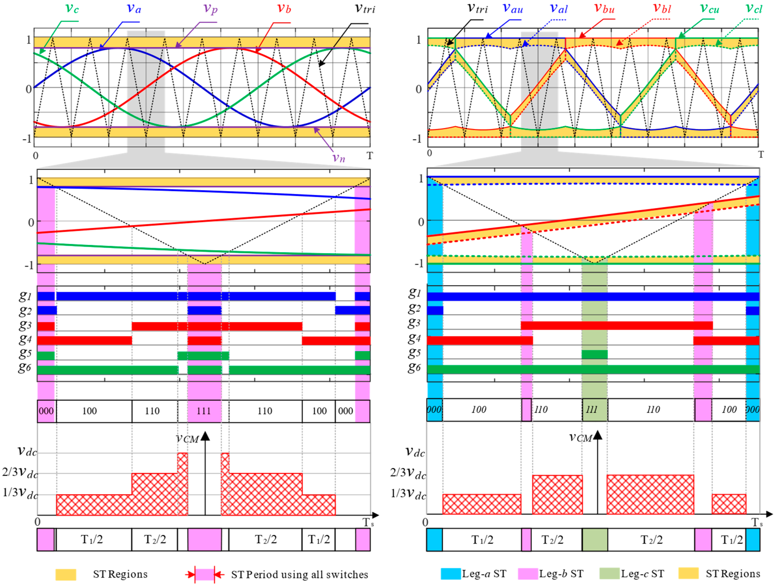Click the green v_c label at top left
coord(72,8)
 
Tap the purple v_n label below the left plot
coord(339,158)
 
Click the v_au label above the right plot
coord(513,8)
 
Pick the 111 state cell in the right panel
coord(595,410)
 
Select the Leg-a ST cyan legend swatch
coord(451,574)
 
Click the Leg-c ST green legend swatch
coord(609,574)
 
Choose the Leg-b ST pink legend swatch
coord(528,574)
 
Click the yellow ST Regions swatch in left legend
coord(66,574)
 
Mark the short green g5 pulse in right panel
coord(594,354)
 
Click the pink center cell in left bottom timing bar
coord(204,539)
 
